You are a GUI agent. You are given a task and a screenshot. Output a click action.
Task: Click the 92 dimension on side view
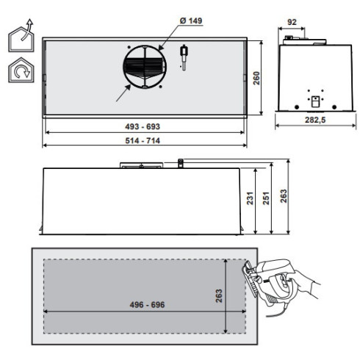[x=292, y=23]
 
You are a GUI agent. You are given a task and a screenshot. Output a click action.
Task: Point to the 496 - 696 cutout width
[x=135, y=303]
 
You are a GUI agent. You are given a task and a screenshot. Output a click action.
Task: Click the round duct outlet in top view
[x=144, y=67]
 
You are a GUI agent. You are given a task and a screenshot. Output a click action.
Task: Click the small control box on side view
[x=314, y=101]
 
